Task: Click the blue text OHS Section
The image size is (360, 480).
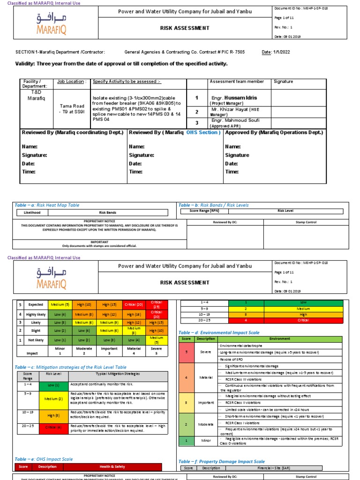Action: [x=203, y=133]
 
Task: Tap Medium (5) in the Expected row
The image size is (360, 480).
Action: [x=60, y=304]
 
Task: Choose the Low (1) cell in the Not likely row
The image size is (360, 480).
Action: [x=60, y=340]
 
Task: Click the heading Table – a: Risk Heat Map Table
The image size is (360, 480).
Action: [x=47, y=205]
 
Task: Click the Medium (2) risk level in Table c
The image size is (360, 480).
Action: [x=51, y=399]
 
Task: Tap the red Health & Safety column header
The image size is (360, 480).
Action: [x=112, y=466]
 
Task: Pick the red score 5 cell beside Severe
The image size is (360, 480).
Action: [x=186, y=352]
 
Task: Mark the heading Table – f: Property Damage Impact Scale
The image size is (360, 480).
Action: [x=221, y=461]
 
